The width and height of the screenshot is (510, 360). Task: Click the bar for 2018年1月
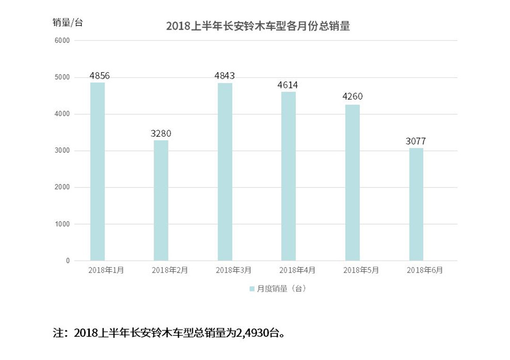[x=97, y=172]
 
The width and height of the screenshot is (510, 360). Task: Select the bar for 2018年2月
[x=161, y=201]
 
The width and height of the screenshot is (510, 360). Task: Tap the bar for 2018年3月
[x=225, y=172]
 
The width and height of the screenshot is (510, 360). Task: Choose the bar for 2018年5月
[x=352, y=183]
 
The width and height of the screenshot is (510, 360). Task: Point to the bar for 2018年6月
[x=416, y=204]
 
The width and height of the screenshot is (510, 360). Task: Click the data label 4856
[x=100, y=75]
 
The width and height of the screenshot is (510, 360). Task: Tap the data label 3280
[x=161, y=134]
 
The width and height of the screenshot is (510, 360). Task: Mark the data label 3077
[x=416, y=141]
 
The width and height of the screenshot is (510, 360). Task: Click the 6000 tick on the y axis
[x=63, y=41]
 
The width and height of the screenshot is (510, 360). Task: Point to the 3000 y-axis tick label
[x=63, y=151]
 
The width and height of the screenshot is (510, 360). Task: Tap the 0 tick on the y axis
[x=68, y=260]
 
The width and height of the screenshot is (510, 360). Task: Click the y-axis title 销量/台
[x=67, y=22]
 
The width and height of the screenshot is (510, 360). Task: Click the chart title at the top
[x=258, y=26]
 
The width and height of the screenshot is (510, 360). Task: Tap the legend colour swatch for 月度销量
[x=252, y=289]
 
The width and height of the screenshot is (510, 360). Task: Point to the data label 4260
[x=352, y=96]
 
